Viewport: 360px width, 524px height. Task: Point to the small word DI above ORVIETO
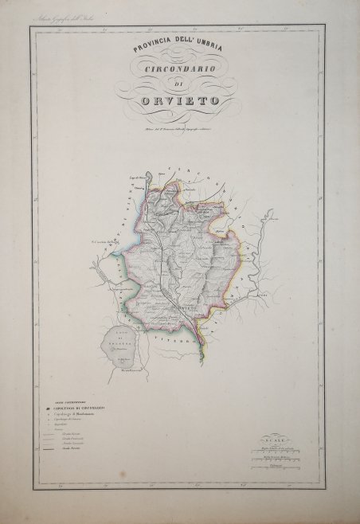180,89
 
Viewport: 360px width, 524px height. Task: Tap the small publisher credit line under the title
179,128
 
